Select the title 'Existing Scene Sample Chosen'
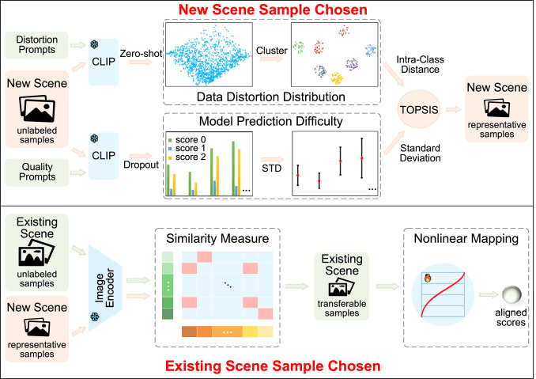click(x=268, y=368)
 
